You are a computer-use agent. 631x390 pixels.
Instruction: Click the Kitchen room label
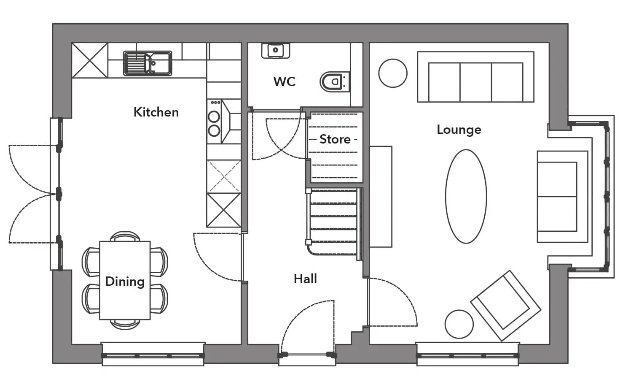[x=156, y=112]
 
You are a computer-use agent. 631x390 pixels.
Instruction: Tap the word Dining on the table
[x=125, y=282]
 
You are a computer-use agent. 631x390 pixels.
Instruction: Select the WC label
[x=285, y=82]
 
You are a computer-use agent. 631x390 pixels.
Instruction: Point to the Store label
[x=335, y=139]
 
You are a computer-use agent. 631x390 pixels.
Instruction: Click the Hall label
[x=305, y=279]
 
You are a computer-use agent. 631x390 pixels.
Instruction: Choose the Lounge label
[x=459, y=130]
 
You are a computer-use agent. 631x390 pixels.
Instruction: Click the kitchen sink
[x=148, y=63]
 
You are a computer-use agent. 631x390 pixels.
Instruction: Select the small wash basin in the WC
[x=276, y=51]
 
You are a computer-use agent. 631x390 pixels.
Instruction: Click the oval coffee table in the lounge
[x=466, y=196]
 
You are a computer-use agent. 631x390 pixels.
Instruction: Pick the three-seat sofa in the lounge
[x=475, y=77]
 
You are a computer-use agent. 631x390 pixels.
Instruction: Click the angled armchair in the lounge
[x=506, y=306]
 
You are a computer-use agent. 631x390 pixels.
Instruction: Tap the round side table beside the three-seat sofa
[x=393, y=73]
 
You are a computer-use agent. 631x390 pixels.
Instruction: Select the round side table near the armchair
[x=459, y=324]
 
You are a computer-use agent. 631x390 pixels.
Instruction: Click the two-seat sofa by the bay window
[x=562, y=197]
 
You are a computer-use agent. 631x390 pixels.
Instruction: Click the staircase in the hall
[x=334, y=223]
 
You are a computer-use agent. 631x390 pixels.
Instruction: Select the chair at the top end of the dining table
[x=125, y=236]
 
